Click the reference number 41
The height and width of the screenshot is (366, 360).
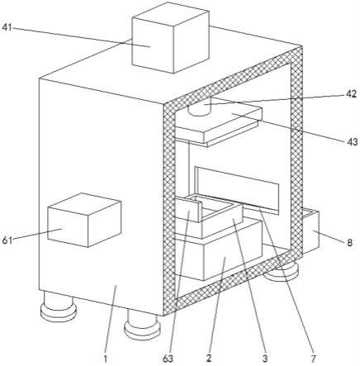coord(7,27)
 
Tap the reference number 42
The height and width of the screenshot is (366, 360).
coord(351,94)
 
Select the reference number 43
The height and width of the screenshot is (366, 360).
coord(352,142)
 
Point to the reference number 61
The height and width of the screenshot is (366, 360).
coord(7,240)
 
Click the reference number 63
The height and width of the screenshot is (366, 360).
coord(168,359)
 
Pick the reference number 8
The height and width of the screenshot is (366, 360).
coord(349,243)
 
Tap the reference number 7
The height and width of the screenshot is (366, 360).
coord(313,359)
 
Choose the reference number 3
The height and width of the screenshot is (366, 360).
coord(265,359)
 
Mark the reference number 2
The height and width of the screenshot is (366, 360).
coord(209,359)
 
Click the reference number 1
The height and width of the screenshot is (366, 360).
coord(105,359)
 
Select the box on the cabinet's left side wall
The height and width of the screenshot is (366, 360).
coord(84,220)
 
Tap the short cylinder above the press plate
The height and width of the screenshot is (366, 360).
coord(199,107)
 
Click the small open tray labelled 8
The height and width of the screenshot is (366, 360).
coord(310,231)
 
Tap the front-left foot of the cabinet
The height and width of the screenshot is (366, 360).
coord(58,307)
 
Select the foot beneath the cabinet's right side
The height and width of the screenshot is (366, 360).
coord(282,271)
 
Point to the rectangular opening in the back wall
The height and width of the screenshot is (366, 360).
coord(237,190)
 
